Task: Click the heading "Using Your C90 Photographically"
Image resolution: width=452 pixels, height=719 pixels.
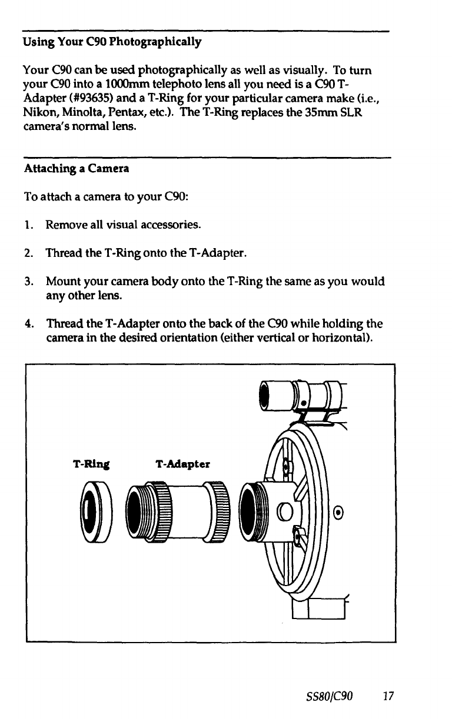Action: tap(112, 42)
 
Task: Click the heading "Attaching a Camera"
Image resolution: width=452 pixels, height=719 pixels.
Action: tap(77, 169)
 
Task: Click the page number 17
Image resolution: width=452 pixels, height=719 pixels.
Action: tap(387, 697)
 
